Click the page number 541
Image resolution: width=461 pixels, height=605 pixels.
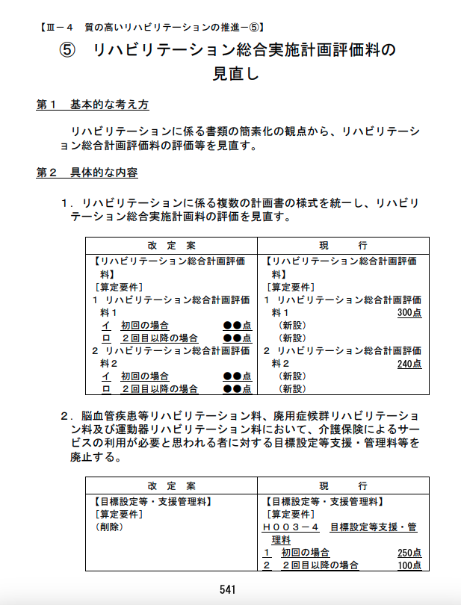pos(228,589)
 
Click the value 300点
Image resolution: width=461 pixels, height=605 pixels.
pos(409,312)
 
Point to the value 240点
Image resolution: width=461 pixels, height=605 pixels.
pos(409,364)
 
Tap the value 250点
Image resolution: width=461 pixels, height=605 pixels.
pos(409,553)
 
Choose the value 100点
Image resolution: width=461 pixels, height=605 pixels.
pos(409,565)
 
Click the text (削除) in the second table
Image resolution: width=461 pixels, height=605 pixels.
pos(109,527)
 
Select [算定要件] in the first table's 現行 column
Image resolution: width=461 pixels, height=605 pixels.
pos(291,287)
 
